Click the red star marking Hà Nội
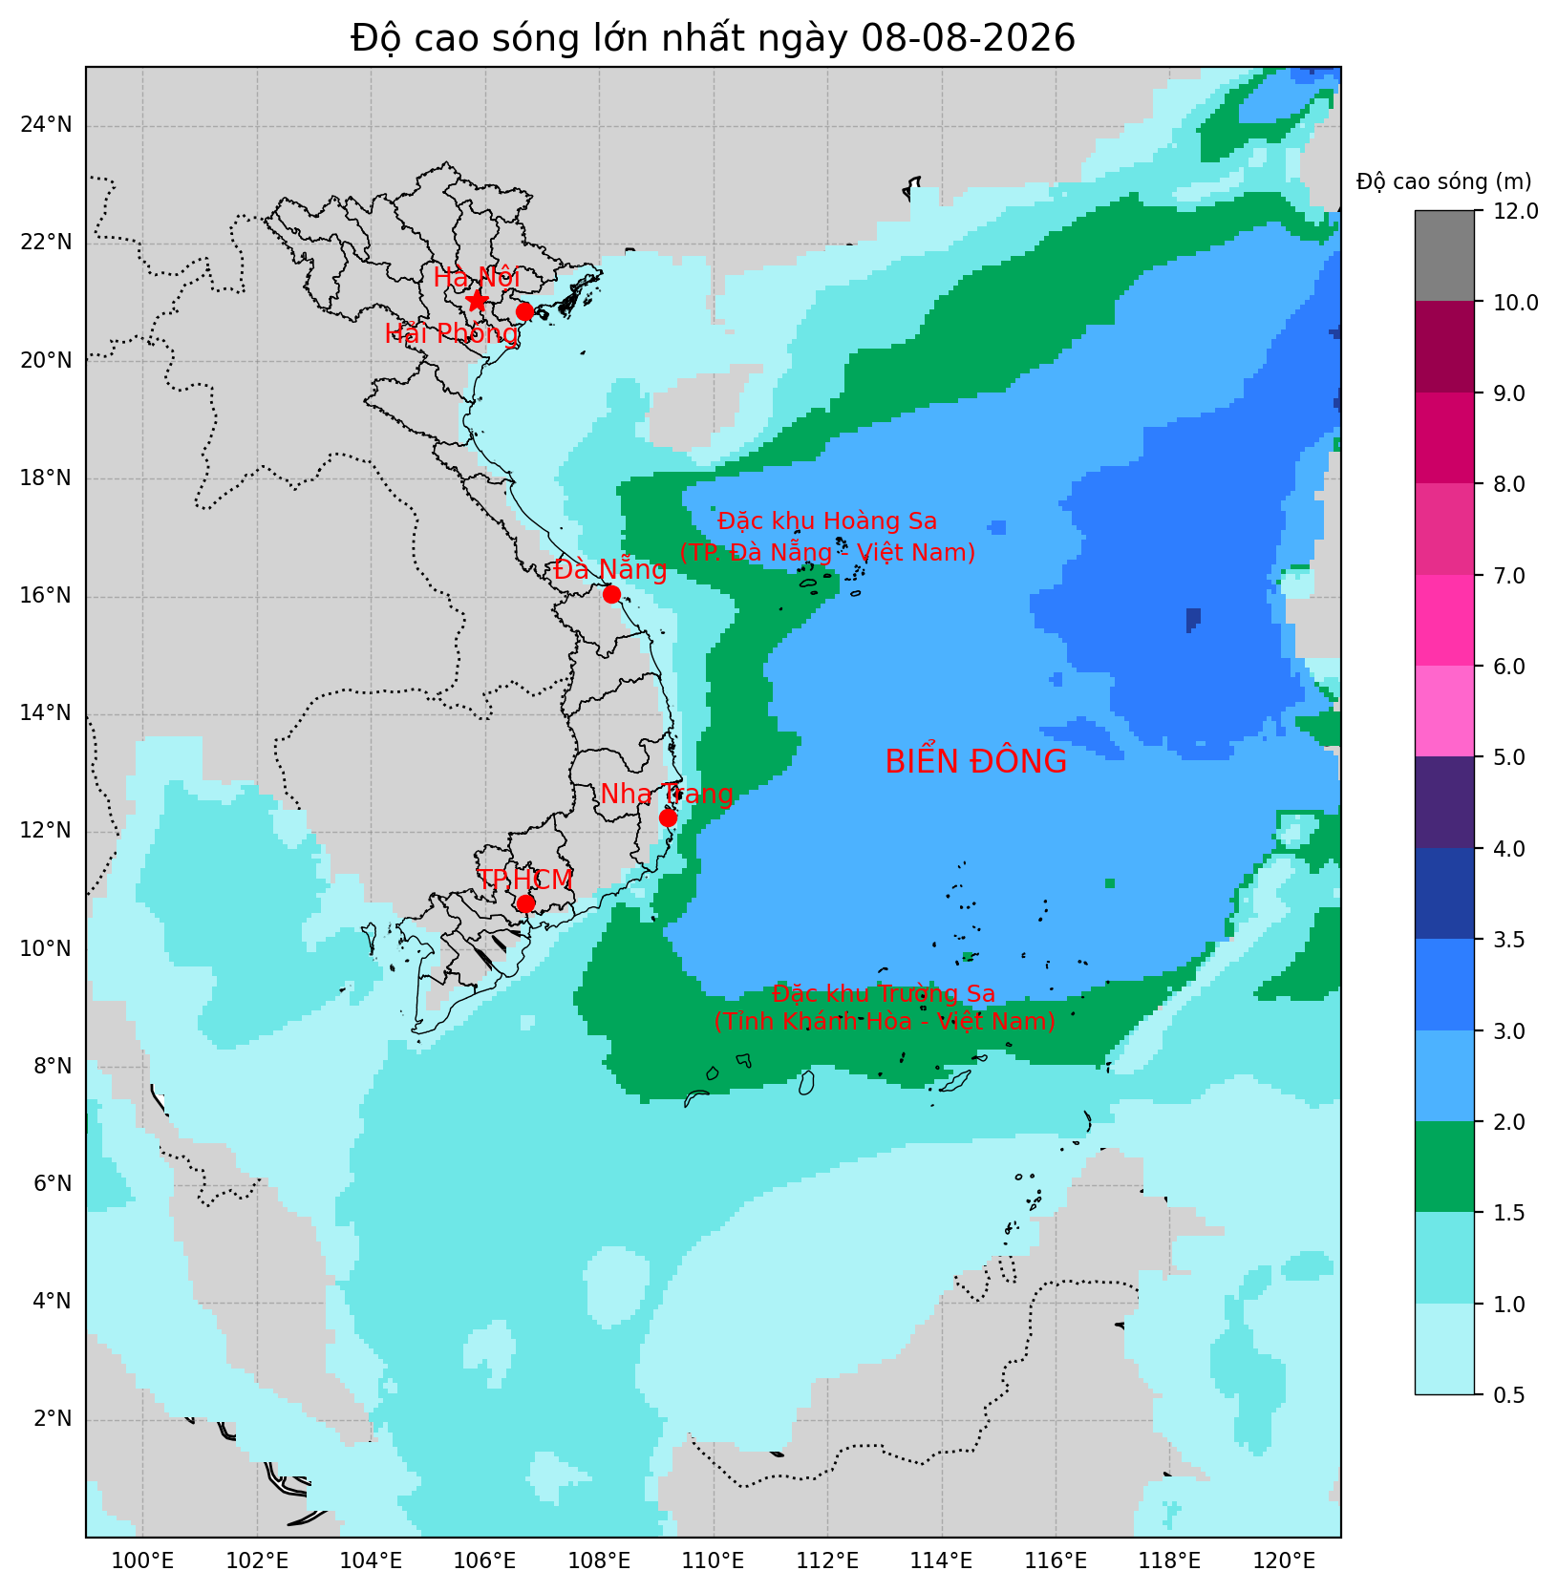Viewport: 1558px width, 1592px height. (x=477, y=301)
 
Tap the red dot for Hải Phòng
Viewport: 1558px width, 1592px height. (x=524, y=311)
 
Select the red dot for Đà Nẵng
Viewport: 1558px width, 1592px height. (x=611, y=594)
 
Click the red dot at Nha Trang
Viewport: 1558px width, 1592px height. (x=668, y=817)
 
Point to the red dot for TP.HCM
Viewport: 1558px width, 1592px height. (x=525, y=903)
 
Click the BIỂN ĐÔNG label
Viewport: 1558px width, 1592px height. (x=975, y=762)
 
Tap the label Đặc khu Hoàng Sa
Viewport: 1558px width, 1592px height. (x=827, y=521)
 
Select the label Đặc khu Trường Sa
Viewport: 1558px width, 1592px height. (x=884, y=994)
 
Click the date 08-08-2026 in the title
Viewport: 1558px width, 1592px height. (x=968, y=38)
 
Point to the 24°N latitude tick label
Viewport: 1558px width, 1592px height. (x=47, y=125)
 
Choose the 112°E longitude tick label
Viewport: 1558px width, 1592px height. (x=827, y=1561)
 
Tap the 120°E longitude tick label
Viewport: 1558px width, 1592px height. (x=1284, y=1561)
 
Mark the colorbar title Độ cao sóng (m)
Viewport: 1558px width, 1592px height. (x=1443, y=181)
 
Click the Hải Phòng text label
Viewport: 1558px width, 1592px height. (x=451, y=334)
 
